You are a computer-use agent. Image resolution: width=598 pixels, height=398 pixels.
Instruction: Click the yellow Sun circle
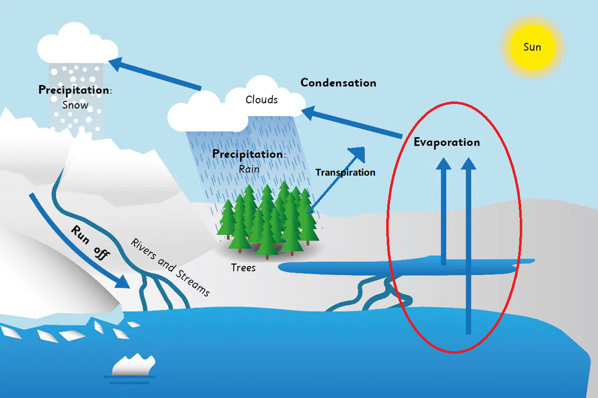(532, 47)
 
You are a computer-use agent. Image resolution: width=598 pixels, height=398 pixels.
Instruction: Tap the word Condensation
(338, 83)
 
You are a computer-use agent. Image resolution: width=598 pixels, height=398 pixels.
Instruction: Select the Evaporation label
(447, 142)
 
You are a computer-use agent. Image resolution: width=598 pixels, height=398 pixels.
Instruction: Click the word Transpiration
(345, 173)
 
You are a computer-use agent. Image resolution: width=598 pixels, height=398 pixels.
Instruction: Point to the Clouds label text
(262, 99)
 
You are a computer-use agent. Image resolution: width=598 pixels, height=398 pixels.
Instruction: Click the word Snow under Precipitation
(75, 105)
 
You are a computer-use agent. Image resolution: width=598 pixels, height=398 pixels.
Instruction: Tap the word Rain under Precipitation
(249, 169)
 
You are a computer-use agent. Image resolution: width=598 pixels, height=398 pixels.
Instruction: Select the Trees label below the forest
(243, 268)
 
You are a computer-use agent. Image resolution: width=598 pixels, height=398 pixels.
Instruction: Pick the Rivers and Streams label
(170, 267)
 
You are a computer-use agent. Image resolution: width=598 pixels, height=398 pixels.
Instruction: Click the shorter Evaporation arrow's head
(443, 163)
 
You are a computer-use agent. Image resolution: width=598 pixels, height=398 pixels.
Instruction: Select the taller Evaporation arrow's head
(468, 163)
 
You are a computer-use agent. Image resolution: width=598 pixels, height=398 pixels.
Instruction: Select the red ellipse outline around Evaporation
(521, 224)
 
